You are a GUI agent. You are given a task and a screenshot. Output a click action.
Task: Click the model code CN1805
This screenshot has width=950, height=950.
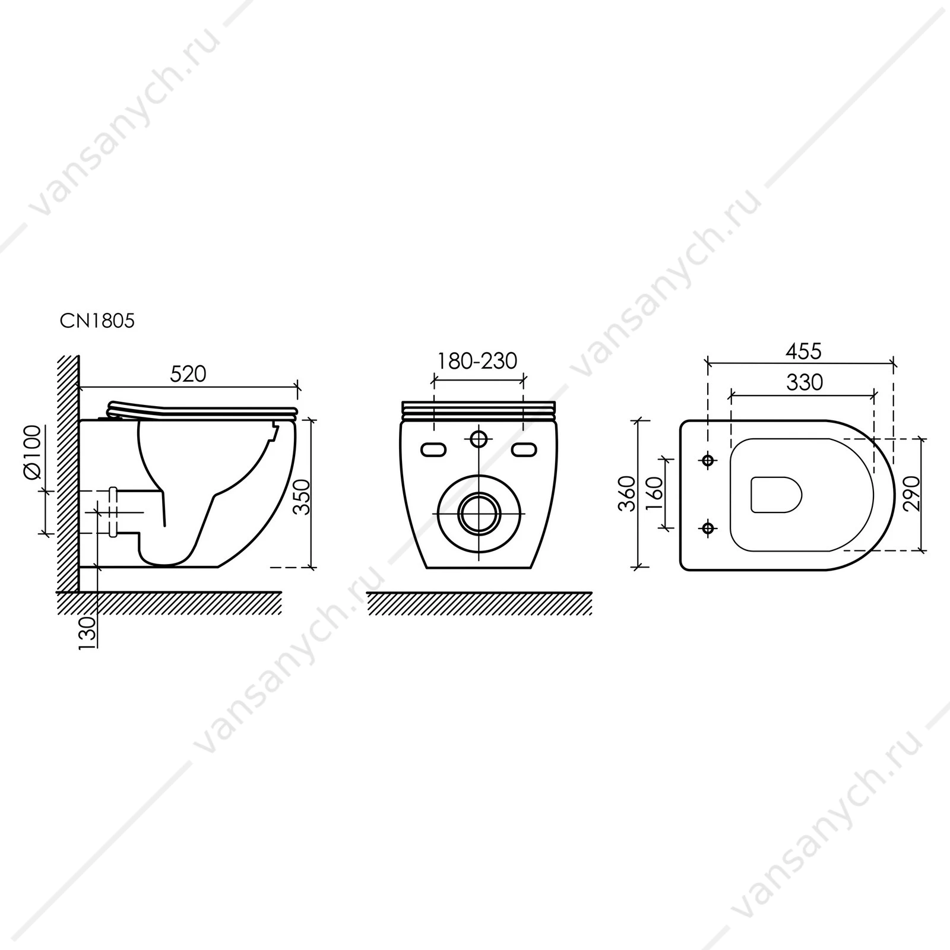97,321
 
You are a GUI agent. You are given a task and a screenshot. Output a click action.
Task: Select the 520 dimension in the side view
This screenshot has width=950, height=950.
188,374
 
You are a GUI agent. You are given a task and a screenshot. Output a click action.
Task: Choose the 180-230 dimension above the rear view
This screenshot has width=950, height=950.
477,360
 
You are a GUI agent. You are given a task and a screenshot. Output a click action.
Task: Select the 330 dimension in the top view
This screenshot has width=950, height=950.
805,382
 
